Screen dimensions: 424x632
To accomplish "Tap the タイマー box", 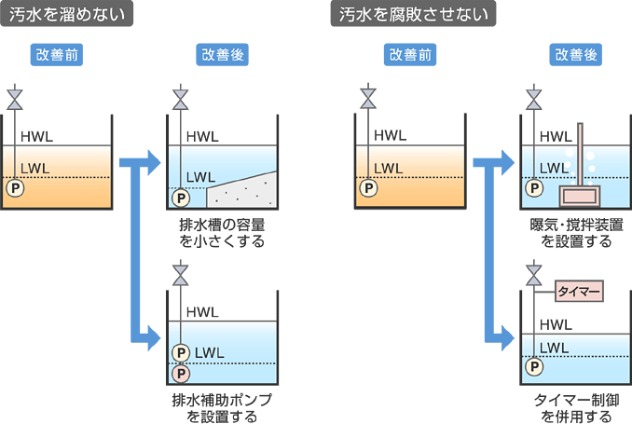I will click(x=579, y=292).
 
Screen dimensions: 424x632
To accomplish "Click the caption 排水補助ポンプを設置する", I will click(x=222, y=407).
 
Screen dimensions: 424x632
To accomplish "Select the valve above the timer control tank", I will click(x=534, y=277).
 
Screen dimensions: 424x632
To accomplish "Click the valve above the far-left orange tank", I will click(x=14, y=98).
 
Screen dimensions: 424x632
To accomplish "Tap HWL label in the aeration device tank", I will click(x=556, y=136).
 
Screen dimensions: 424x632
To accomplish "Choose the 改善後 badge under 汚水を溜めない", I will click(x=223, y=55).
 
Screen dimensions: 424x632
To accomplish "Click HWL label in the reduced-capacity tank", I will click(x=202, y=136).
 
